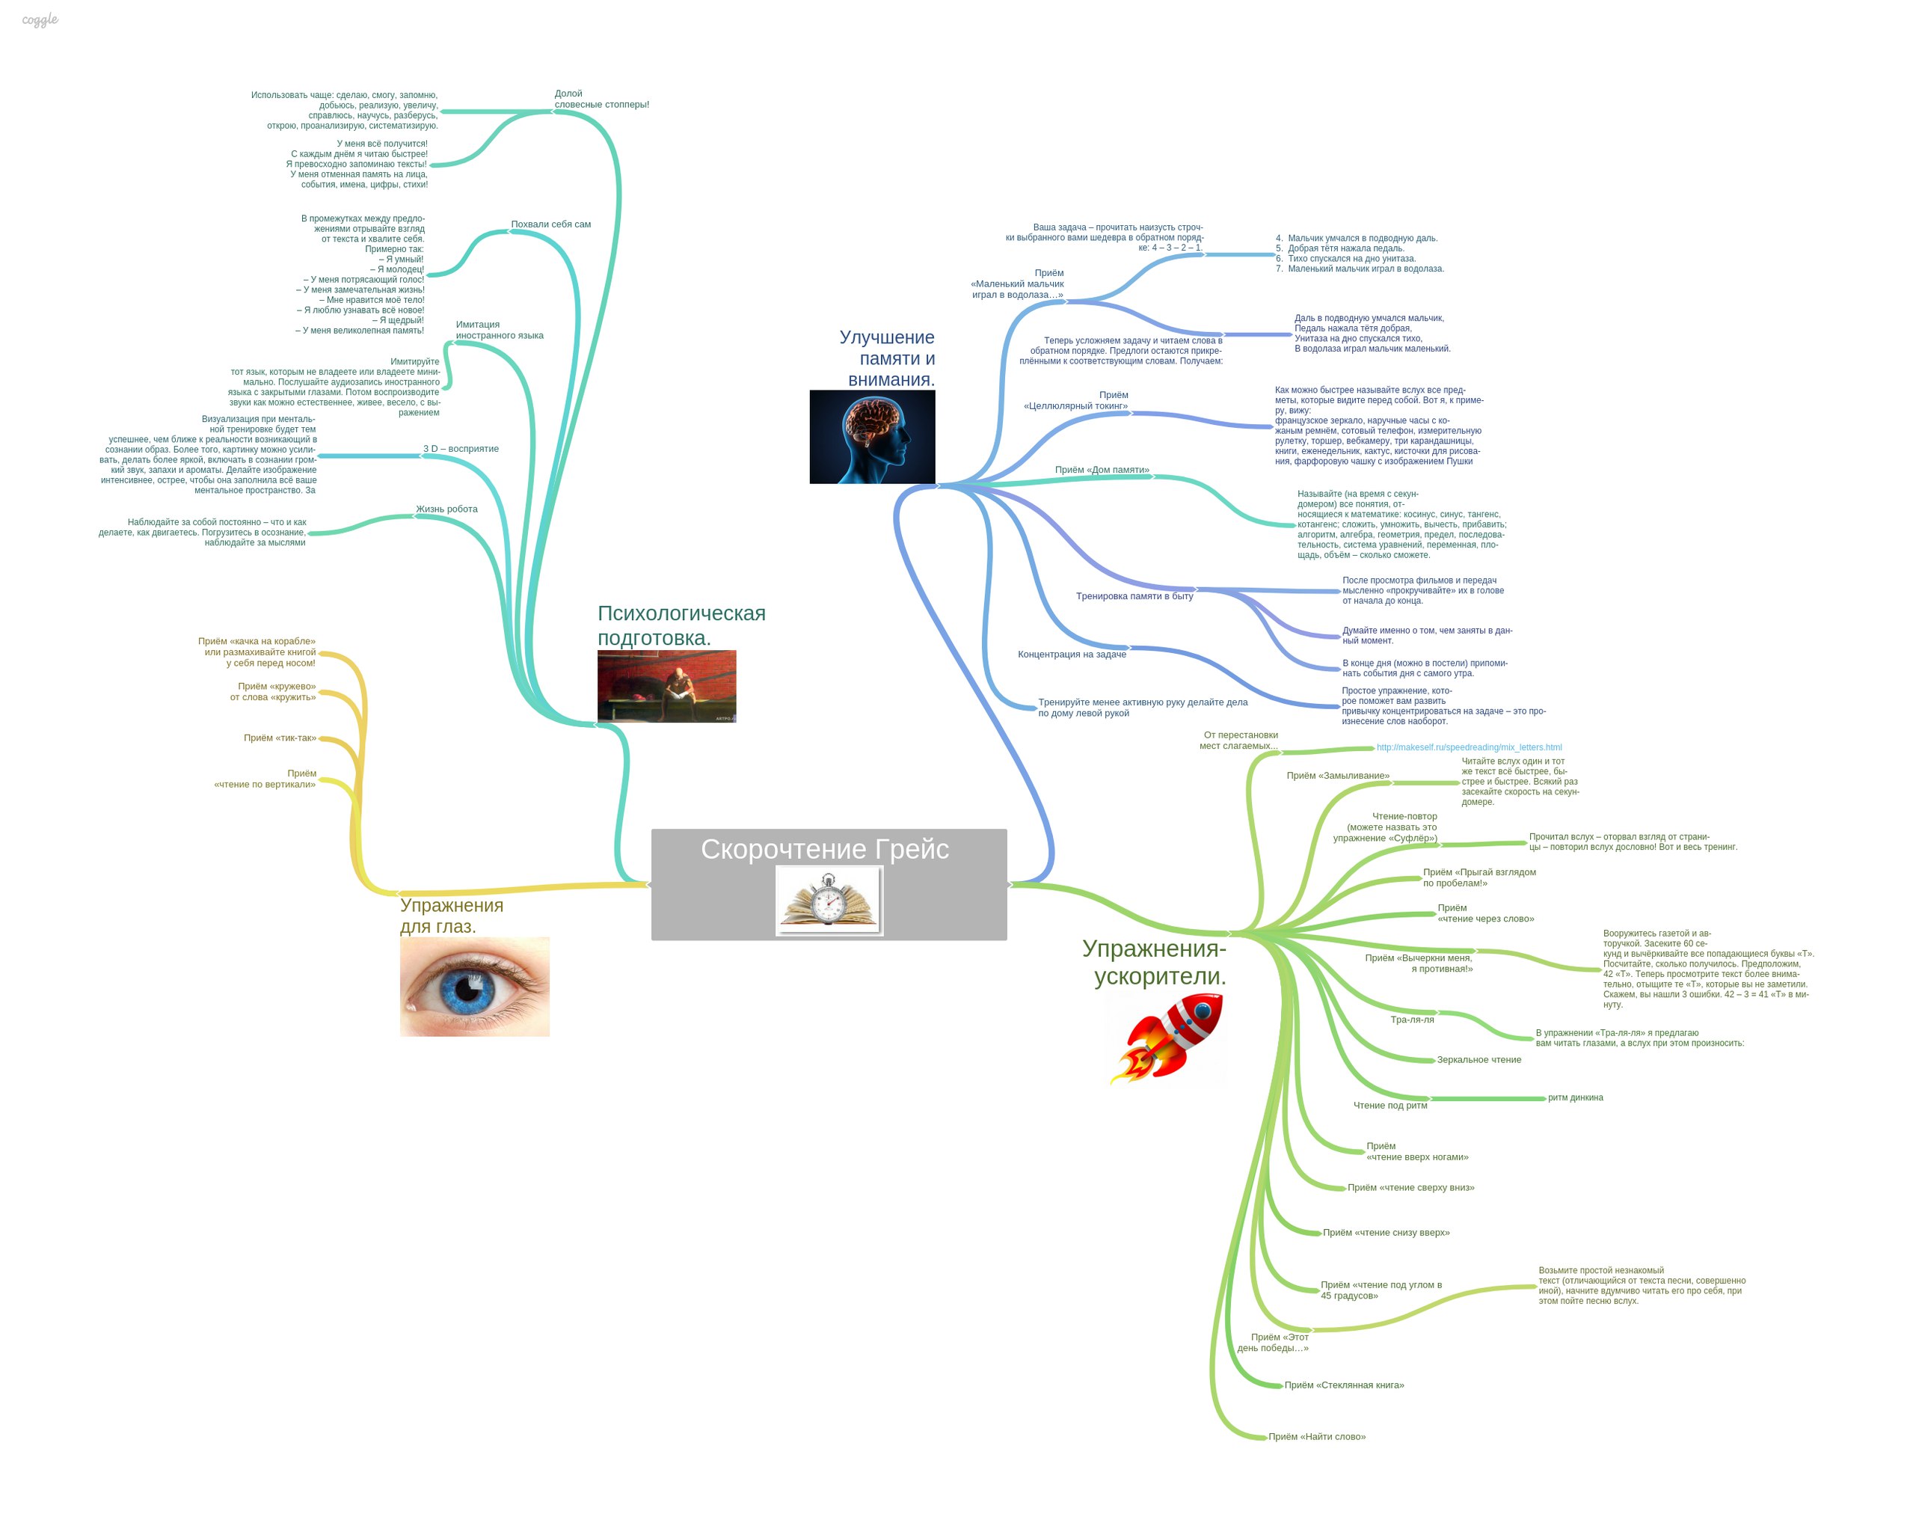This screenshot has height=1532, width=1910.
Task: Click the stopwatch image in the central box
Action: (829, 899)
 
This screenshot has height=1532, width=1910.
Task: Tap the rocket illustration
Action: (1167, 1038)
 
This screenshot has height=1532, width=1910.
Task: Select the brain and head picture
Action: (872, 437)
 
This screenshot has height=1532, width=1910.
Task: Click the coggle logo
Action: (40, 19)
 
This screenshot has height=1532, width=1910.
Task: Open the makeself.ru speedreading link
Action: (1468, 747)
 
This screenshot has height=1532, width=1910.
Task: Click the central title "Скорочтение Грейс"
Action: (824, 849)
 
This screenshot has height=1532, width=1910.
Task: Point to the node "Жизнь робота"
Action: (446, 509)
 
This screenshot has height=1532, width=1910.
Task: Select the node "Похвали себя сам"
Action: (550, 224)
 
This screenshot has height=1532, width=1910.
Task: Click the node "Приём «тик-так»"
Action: (280, 738)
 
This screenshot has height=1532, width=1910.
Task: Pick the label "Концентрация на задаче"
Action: (1071, 654)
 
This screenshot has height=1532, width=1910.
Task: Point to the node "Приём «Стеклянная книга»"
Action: (1344, 1385)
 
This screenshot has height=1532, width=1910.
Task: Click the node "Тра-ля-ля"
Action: (1411, 1019)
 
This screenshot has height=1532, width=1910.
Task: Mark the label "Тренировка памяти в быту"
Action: (1134, 595)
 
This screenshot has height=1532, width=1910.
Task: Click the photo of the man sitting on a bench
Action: (666, 686)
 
